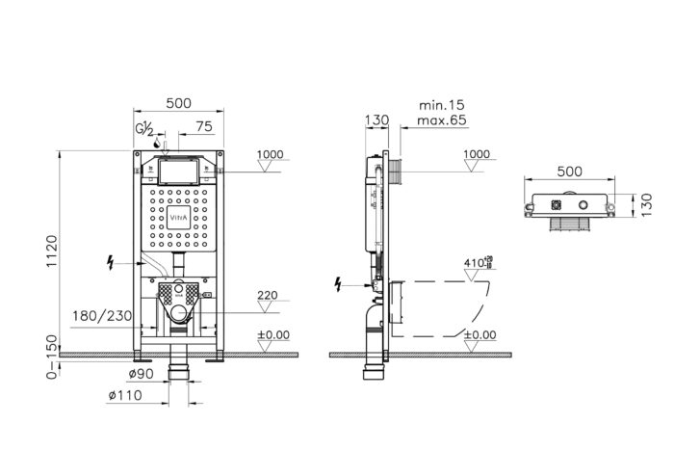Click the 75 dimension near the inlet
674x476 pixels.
click(x=204, y=125)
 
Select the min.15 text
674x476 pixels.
click(x=442, y=104)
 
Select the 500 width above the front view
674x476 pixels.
click(x=177, y=102)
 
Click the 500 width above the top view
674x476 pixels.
click(x=570, y=171)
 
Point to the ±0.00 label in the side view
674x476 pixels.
click(x=479, y=334)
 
